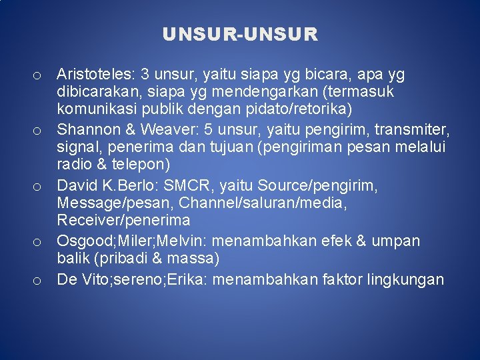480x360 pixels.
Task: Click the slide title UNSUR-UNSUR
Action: coord(240,34)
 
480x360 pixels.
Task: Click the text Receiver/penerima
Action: coord(123,221)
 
